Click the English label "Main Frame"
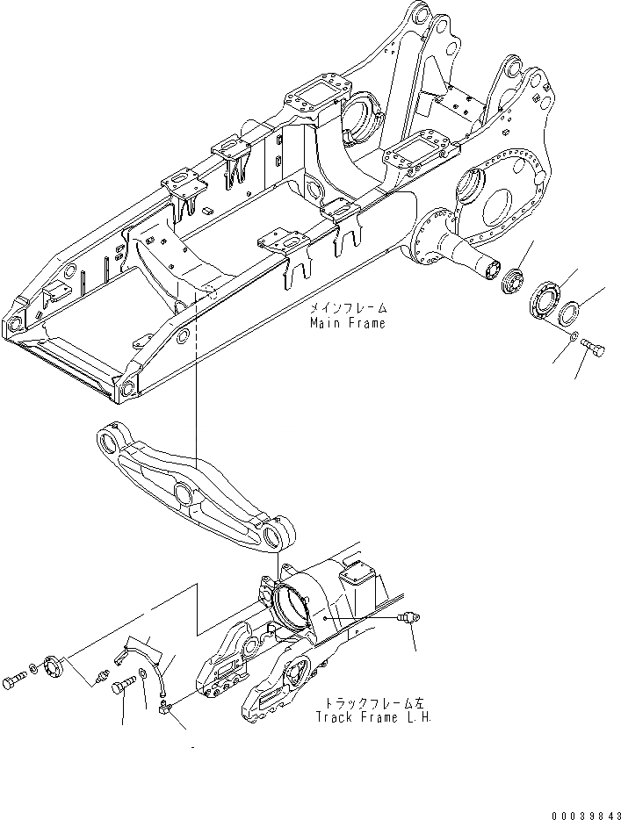(x=347, y=323)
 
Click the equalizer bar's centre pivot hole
(x=185, y=493)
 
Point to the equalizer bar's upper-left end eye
(x=110, y=435)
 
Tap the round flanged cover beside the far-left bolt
(x=53, y=666)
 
